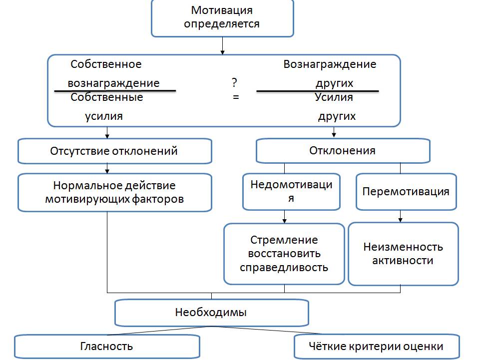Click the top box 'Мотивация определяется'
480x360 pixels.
click(x=222, y=18)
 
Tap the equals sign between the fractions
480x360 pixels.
click(x=236, y=97)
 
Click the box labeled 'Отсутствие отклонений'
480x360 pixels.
click(x=114, y=151)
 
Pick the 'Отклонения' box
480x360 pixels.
click(x=343, y=150)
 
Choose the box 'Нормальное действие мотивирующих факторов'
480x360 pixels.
click(x=114, y=192)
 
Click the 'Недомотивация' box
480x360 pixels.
click(x=291, y=191)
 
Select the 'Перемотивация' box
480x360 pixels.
click(x=406, y=191)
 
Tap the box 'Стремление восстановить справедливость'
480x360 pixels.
click(x=284, y=254)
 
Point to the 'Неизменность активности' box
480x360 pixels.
click(x=403, y=254)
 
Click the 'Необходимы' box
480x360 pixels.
click(x=211, y=313)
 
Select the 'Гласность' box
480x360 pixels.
click(x=107, y=346)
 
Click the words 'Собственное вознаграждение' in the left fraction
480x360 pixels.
click(x=113, y=73)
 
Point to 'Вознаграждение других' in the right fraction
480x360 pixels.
click(x=330, y=73)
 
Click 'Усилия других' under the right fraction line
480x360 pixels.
click(x=335, y=106)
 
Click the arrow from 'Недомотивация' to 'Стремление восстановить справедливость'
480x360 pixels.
click(x=285, y=216)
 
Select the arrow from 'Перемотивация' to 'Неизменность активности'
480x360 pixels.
click(x=400, y=216)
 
